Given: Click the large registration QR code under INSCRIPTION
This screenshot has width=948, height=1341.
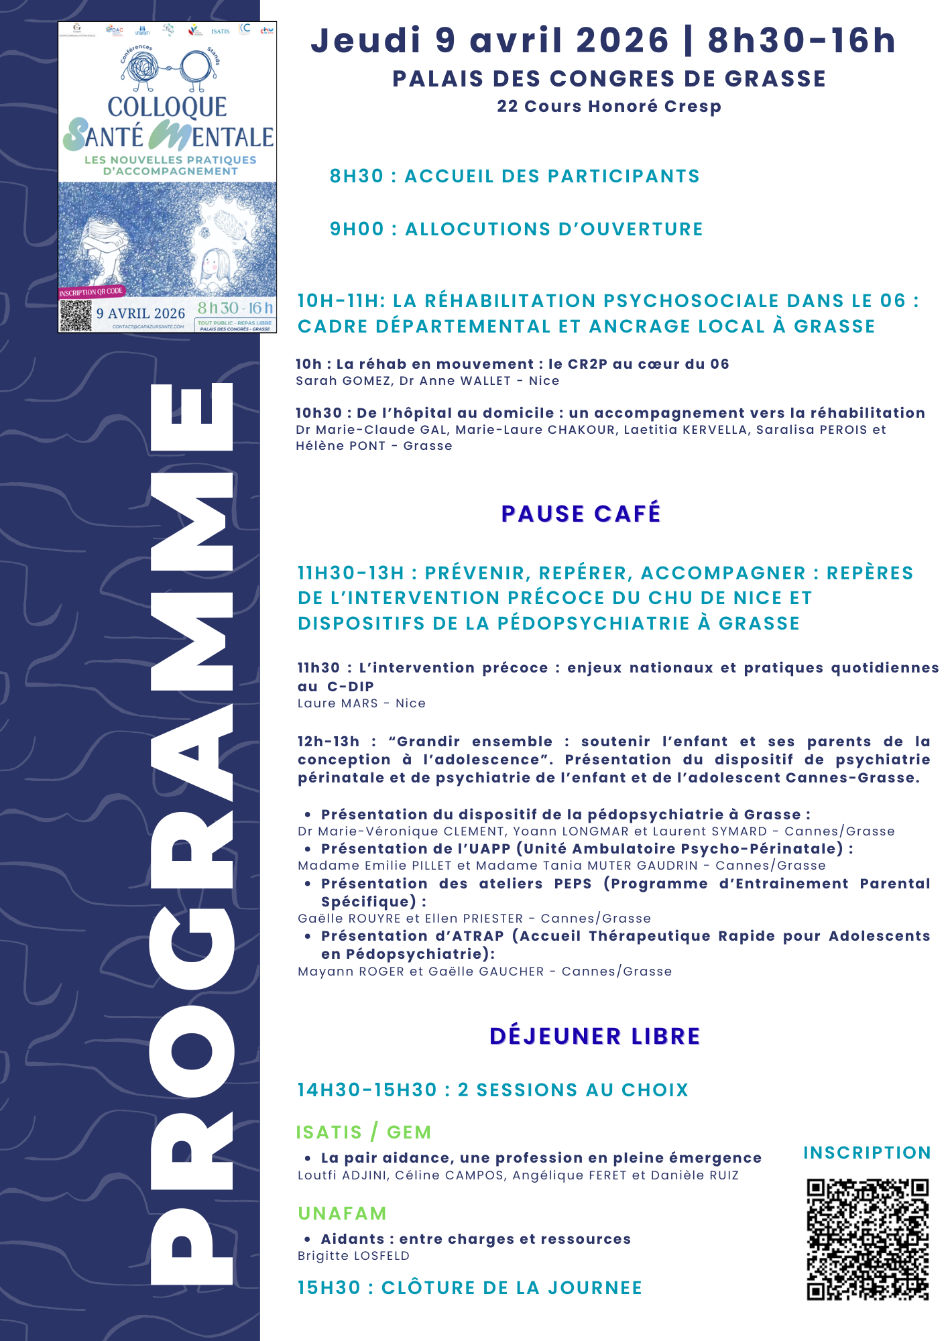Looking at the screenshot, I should (x=868, y=1240).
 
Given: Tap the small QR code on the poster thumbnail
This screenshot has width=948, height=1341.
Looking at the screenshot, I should (x=75, y=316).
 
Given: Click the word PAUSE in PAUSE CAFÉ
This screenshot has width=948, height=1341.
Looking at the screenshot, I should (x=542, y=514).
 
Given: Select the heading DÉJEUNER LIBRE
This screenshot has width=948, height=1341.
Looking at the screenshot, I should (x=595, y=1036).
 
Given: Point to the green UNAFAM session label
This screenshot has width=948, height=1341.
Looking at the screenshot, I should (x=342, y=1214).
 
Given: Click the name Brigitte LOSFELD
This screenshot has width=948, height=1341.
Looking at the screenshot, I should (x=353, y=1256).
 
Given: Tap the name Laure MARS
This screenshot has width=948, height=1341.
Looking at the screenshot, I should (x=338, y=703).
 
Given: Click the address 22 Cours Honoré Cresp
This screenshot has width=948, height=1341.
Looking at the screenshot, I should (x=609, y=107).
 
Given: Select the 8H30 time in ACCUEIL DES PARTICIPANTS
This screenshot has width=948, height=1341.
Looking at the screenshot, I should (x=357, y=176).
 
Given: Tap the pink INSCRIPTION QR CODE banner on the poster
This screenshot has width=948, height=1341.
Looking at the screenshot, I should (x=91, y=292).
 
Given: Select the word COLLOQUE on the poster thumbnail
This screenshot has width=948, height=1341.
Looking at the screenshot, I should (x=167, y=107).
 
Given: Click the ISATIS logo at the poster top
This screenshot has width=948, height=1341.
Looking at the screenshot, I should (x=220, y=31).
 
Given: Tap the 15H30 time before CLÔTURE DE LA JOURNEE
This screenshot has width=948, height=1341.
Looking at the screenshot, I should (x=329, y=1288).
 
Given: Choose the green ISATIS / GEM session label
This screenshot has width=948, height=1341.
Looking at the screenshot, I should (x=364, y=1132).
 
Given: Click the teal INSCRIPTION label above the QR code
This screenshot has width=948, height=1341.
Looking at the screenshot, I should (x=867, y=1153).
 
